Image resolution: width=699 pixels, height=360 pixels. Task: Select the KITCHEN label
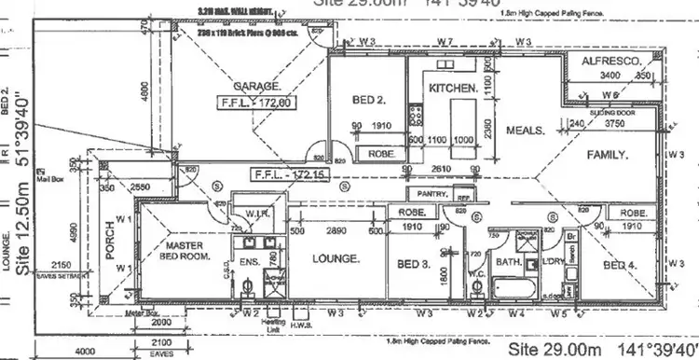454,88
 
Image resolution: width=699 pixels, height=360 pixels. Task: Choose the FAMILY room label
606,154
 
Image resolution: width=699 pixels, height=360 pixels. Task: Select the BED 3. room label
411,265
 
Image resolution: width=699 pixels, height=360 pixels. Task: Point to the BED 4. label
621,266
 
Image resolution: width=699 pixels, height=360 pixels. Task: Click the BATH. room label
507,263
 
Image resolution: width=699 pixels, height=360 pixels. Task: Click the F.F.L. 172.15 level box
288,174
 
